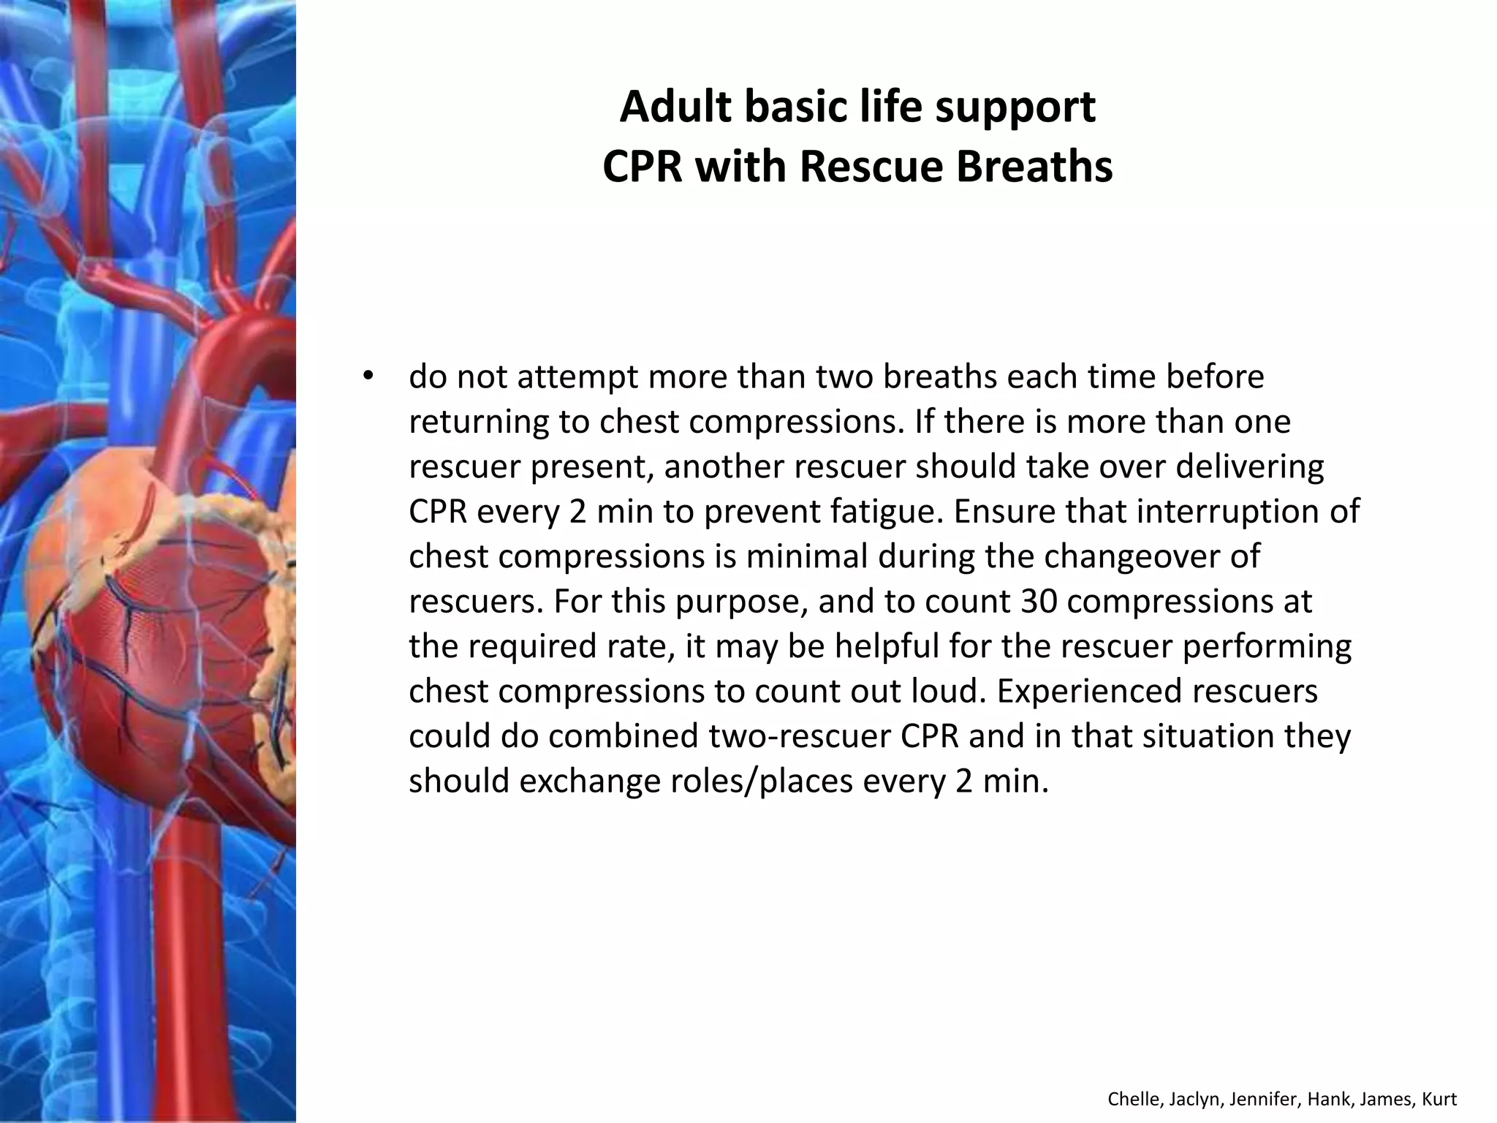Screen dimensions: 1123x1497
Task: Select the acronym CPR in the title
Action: (642, 167)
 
